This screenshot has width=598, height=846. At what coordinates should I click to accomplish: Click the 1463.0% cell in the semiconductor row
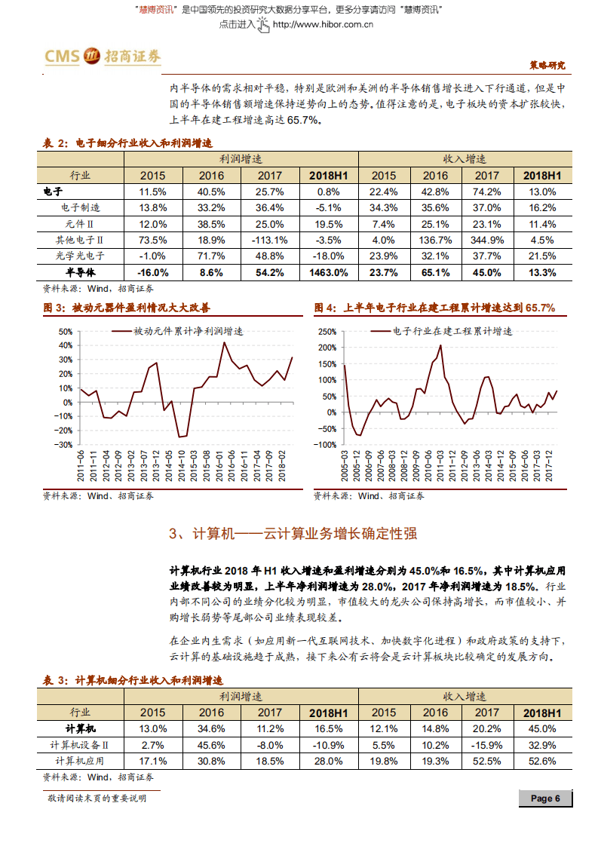329,272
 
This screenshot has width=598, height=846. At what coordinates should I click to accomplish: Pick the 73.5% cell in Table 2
153,240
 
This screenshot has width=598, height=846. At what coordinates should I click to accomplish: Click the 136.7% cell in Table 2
435,240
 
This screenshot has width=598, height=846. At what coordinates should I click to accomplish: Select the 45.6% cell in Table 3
211,745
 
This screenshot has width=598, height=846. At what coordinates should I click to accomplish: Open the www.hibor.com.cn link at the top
324,24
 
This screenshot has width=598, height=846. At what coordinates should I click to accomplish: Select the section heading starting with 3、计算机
293,534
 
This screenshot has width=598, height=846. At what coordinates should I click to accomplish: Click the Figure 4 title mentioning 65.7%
434,308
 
